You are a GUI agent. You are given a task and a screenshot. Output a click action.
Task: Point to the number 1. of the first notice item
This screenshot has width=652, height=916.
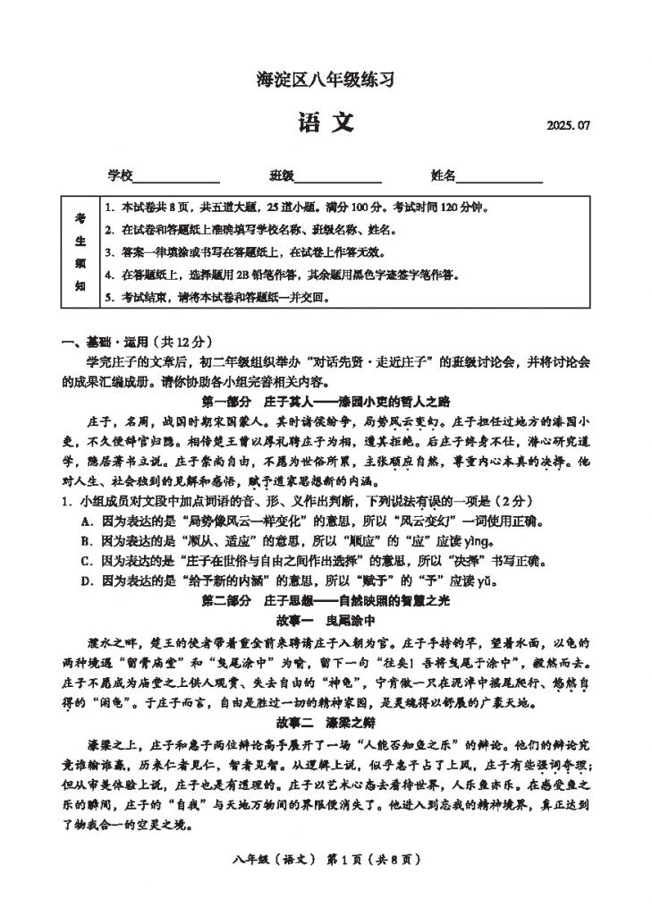click(108, 208)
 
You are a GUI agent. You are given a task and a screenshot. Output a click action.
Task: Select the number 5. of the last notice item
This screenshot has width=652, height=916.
click(108, 297)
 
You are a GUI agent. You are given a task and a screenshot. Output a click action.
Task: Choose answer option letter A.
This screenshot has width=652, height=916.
click(86, 522)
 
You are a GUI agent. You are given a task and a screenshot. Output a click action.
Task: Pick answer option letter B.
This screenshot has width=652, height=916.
click(86, 541)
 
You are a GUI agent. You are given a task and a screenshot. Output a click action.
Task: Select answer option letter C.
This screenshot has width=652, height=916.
click(86, 561)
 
